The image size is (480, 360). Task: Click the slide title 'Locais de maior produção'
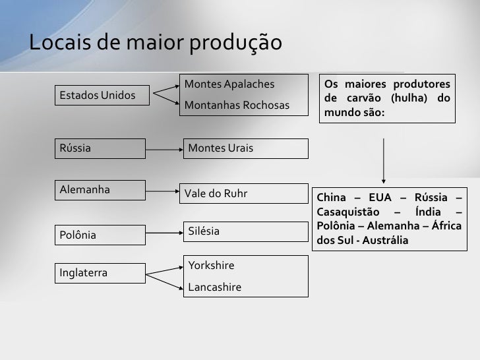click(156, 43)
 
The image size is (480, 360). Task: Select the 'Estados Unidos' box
click(99, 96)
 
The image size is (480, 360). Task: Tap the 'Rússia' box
click(99, 148)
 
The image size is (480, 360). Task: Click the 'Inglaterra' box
click(99, 272)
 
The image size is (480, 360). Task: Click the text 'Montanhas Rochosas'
click(237, 105)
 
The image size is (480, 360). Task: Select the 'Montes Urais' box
click(245, 148)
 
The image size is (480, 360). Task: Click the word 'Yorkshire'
click(211, 266)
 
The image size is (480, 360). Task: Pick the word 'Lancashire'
click(214, 287)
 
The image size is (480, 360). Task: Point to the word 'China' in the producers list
click(334, 199)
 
